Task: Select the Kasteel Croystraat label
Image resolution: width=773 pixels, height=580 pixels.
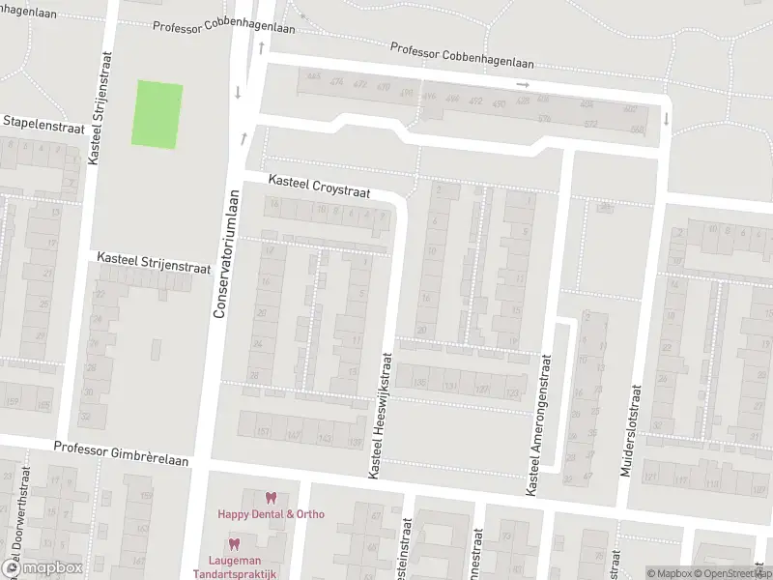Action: pyautogui.click(x=319, y=188)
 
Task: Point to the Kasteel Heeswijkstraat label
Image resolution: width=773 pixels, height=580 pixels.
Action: pyautogui.click(x=381, y=414)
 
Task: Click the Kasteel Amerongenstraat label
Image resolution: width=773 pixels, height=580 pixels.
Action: pyautogui.click(x=538, y=426)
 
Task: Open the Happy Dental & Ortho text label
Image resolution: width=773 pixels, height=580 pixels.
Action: pyautogui.click(x=271, y=514)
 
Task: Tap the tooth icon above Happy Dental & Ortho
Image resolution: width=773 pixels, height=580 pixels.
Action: pyautogui.click(x=271, y=498)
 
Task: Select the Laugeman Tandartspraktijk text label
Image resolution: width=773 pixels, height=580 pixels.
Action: pyautogui.click(x=242, y=566)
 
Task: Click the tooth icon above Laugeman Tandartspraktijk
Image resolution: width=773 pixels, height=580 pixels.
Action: pyautogui.click(x=234, y=544)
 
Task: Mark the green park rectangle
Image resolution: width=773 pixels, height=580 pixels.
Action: pyautogui.click(x=157, y=114)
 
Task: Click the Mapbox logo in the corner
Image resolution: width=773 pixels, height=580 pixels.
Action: pyautogui.click(x=43, y=568)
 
